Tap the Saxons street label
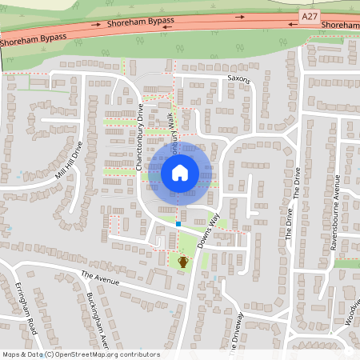(239, 80)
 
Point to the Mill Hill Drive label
(69, 161)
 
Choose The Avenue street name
(100, 279)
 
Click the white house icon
(180, 172)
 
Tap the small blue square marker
(178, 225)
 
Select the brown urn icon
(182, 262)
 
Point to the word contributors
(138, 354)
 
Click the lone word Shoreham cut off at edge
(339, 26)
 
